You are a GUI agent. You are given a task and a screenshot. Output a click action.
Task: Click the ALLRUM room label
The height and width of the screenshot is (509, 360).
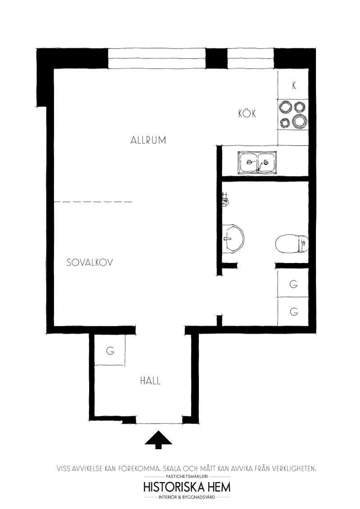[148, 140]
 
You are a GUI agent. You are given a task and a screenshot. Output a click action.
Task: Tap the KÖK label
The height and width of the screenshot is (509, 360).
[247, 113]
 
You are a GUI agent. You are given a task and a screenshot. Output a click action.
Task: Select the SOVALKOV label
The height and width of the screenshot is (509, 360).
[90, 262]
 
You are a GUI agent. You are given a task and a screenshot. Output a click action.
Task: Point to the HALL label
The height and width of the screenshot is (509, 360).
[150, 380]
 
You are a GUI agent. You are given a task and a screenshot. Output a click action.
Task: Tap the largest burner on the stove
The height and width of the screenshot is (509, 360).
[299, 121]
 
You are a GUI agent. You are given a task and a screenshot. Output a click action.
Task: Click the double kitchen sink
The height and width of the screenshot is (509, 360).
[258, 163]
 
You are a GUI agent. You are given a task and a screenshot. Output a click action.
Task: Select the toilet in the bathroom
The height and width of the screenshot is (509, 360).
[292, 243]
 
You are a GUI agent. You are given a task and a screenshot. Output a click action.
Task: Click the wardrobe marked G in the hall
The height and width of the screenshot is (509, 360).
[110, 350]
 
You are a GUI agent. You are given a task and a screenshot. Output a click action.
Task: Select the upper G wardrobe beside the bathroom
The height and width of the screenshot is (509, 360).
[293, 283]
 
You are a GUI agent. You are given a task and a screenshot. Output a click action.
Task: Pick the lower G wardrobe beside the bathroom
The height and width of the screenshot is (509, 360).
[293, 312]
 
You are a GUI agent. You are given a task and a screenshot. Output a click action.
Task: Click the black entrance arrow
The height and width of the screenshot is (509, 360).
[158, 440]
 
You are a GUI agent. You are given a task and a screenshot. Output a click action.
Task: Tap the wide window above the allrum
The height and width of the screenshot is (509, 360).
[157, 58]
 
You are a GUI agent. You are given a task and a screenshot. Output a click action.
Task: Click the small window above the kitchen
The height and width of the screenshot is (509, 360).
[251, 58]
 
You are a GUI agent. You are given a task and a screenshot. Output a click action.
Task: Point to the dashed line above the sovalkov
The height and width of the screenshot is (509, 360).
[93, 202]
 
